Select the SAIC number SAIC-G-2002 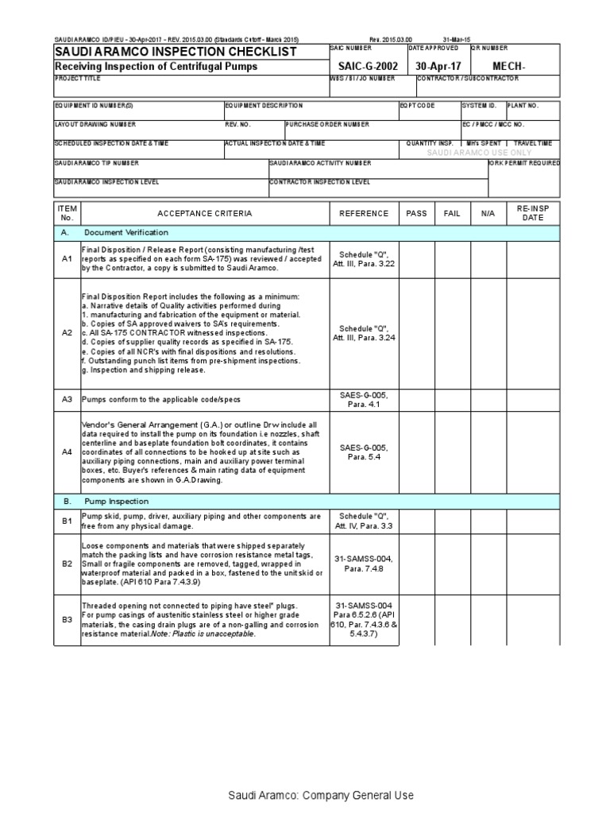click(365, 67)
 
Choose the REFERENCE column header click(364, 213)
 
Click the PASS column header click(416, 213)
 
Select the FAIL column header click(451, 213)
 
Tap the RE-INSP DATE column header click(533, 213)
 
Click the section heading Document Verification click(126, 232)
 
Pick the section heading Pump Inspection click(117, 502)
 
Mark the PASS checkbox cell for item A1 click(416, 258)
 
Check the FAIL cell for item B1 click(451, 521)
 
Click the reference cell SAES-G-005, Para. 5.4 click(364, 452)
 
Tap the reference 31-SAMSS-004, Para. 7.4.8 click(364, 564)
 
